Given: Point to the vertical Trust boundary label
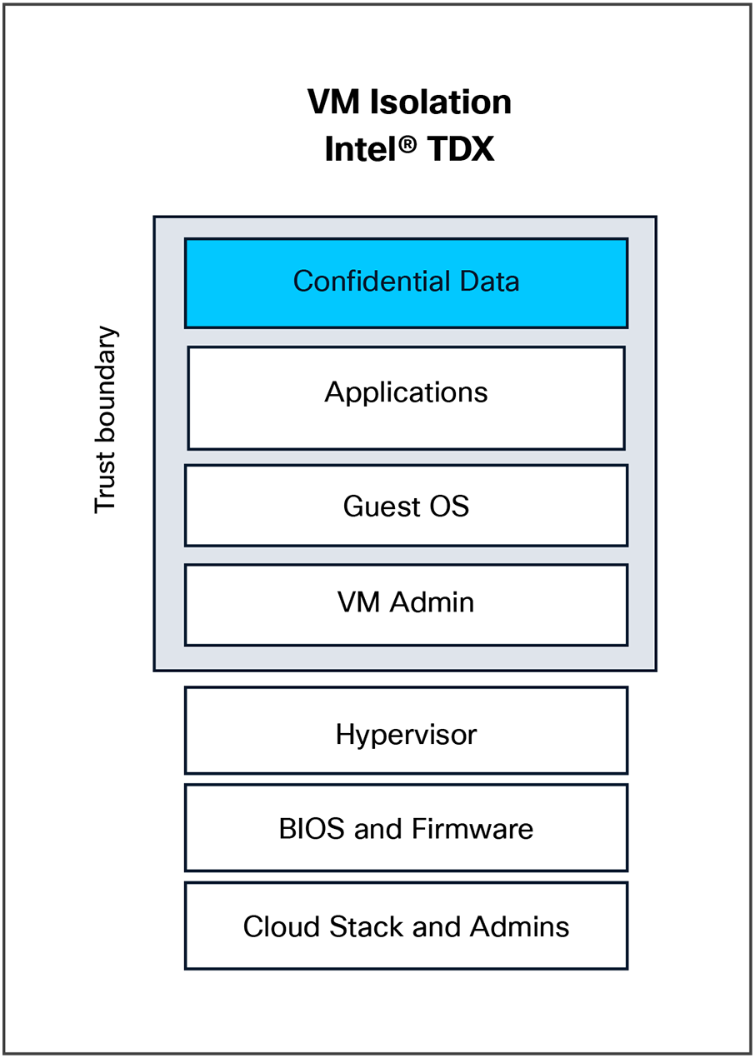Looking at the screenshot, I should click(x=106, y=420).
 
